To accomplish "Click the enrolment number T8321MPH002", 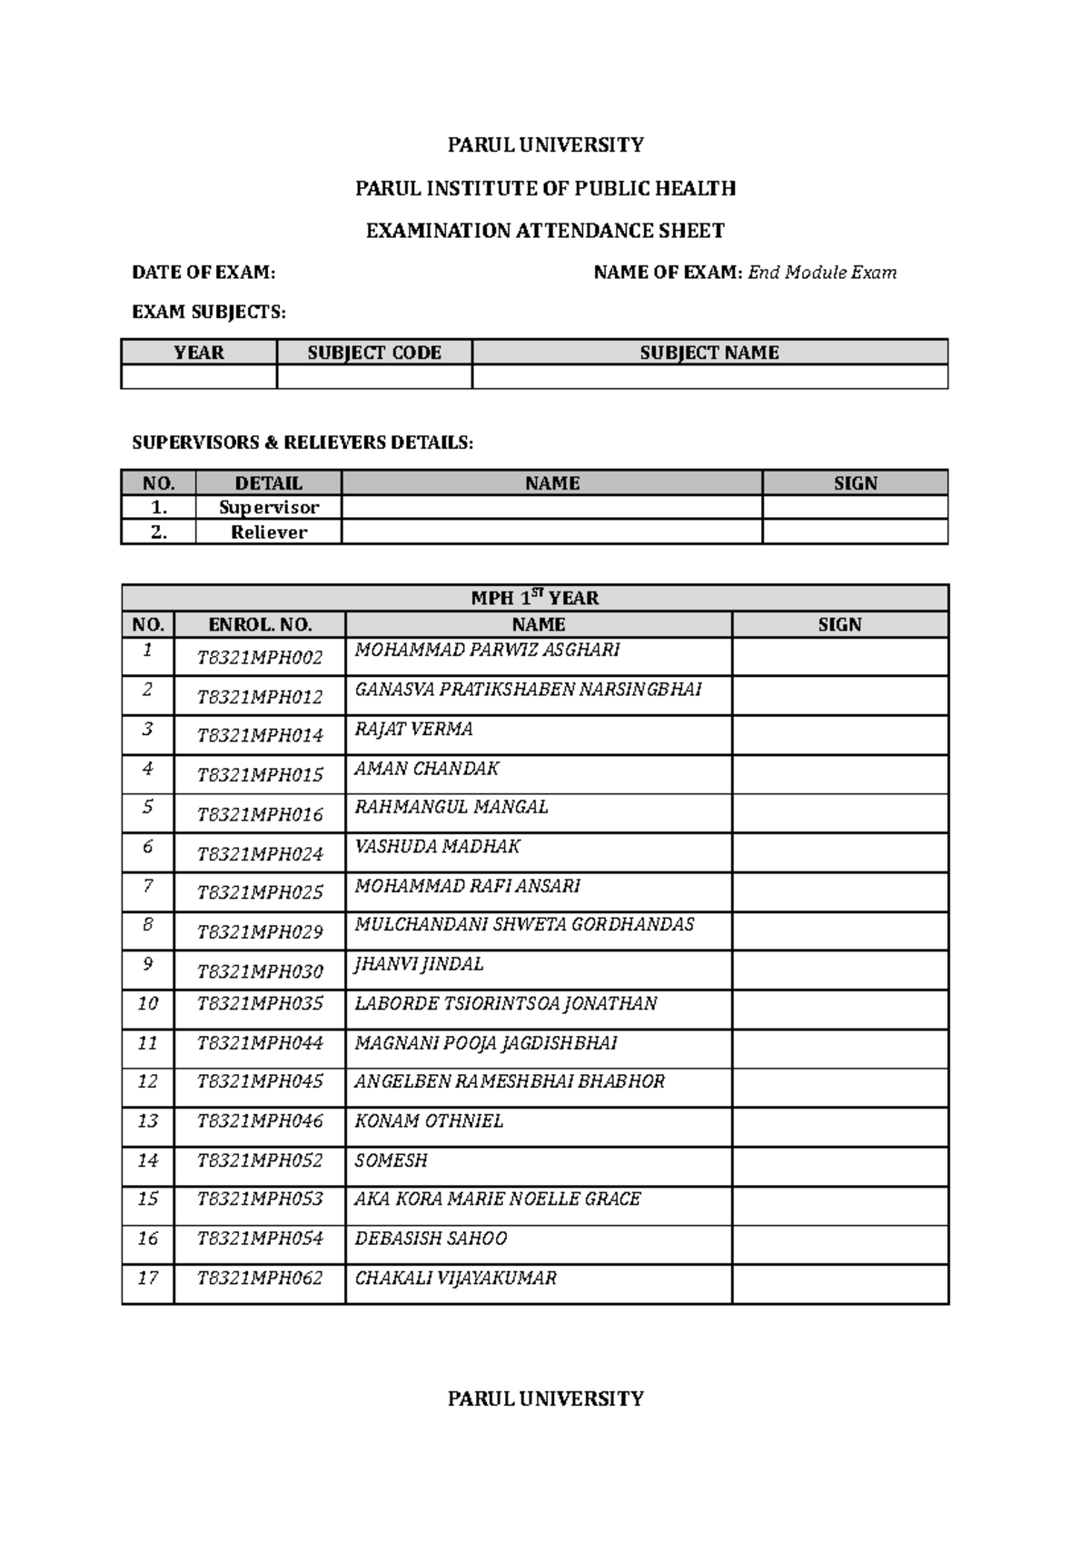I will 260,658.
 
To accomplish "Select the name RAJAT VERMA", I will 413,729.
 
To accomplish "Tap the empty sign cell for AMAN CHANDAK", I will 839,774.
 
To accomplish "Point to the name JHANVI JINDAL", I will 419,964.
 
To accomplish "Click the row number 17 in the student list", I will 148,1278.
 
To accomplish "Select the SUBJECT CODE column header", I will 374,353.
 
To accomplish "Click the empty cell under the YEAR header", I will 198,377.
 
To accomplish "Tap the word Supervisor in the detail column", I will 268,507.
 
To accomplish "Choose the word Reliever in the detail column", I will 268,533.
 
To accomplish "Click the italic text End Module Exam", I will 821,273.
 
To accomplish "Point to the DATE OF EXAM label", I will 203,273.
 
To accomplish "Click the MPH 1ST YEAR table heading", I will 534,598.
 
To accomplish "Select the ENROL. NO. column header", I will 260,624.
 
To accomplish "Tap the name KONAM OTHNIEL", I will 428,1120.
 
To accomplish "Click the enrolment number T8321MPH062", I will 260,1278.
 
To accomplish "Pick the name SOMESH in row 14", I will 391,1160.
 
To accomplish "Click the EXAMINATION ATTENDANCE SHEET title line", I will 545,231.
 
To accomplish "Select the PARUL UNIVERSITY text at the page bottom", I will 545,1399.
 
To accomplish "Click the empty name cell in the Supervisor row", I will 551,507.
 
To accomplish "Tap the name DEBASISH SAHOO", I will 431,1239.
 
